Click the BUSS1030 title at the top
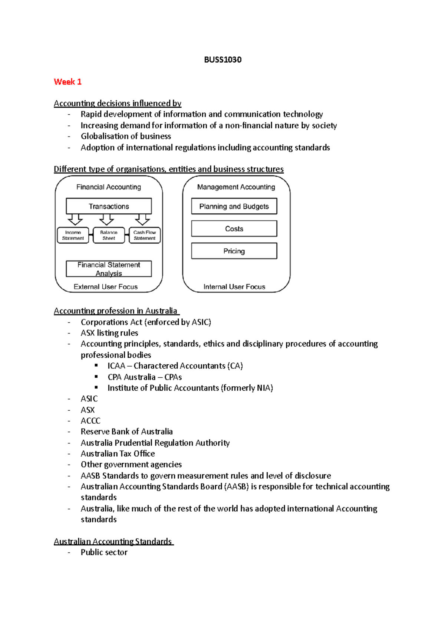[222, 60]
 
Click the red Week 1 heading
[67, 82]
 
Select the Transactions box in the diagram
[109, 206]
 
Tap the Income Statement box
[73, 235]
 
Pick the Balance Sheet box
[109, 235]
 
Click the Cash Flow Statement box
[145, 235]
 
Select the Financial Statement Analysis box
[109, 269]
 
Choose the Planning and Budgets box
[234, 206]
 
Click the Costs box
[234, 229]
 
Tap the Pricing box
[234, 251]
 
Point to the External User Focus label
[106, 286]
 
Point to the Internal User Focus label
[234, 286]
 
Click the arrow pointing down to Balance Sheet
[107, 220]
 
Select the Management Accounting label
[236, 187]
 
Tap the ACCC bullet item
[90, 421]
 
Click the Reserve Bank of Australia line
[126, 432]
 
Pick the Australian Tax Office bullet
[118, 453]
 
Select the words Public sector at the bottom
[104, 552]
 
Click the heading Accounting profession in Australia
[116, 311]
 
